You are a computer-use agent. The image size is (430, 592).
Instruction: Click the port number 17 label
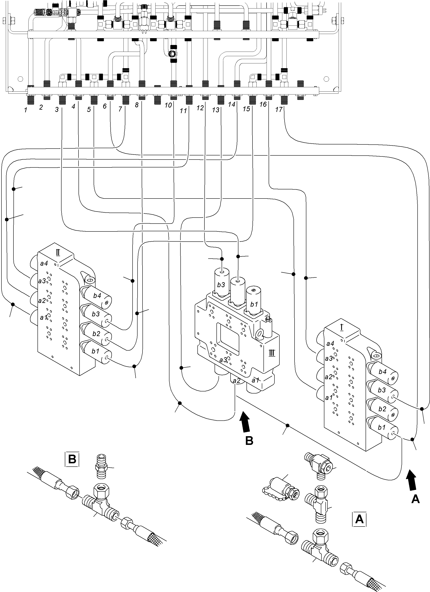pyautogui.click(x=279, y=109)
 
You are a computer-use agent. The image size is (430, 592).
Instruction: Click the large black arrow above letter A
pyautogui.click(x=412, y=480)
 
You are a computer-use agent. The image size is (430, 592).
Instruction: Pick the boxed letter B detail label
pyautogui.click(x=72, y=459)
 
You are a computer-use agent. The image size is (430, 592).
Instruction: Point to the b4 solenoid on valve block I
pyautogui.click(x=383, y=372)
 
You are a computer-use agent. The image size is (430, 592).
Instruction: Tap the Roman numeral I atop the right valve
pyautogui.click(x=342, y=327)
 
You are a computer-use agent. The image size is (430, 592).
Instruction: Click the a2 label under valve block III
pyautogui.click(x=236, y=381)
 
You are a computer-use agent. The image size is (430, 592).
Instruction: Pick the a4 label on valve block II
pyautogui.click(x=44, y=263)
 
